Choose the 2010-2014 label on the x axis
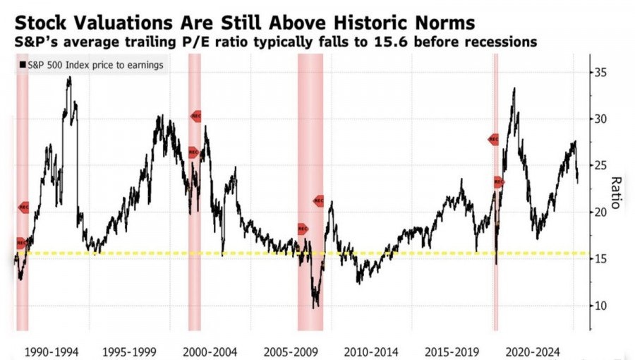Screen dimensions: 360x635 pyautogui.click(x=371, y=351)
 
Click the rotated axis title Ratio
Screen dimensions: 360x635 pyautogui.click(x=615, y=193)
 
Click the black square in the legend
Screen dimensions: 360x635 pyautogui.click(x=23, y=65)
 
